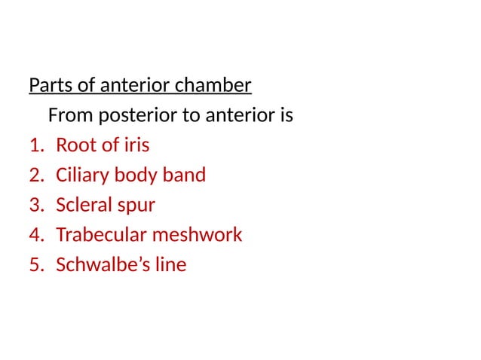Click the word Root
tap(75, 145)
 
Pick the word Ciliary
tap(82, 175)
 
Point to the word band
tap(184, 175)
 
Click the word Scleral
tap(84, 205)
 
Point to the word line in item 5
tap(168, 265)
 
